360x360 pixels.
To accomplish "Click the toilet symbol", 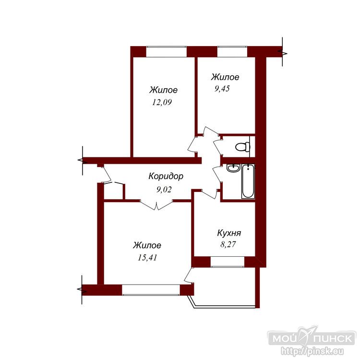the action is (243, 146).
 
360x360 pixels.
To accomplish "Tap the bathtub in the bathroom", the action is (248, 181).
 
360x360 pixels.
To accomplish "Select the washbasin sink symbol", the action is (233, 168).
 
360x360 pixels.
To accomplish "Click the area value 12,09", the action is (162, 102).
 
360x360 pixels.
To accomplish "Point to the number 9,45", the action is (222, 89).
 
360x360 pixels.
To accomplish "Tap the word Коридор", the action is (166, 176).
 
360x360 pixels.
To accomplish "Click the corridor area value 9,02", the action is (164, 190).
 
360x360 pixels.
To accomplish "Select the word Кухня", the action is (229, 233).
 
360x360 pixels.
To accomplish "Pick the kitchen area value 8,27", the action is (228, 244).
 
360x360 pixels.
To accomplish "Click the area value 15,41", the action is (147, 258).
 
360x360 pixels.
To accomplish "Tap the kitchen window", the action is (228, 262).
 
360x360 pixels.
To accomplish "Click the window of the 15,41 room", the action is (151, 290).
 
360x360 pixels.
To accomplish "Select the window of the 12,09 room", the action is (167, 52).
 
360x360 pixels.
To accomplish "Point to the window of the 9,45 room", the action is (232, 52).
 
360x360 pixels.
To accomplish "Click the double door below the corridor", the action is (156, 205).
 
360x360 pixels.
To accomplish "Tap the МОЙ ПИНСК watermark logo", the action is (312, 338).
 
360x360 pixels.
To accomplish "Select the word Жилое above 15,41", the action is (147, 245).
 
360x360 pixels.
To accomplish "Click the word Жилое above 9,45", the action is (225, 77).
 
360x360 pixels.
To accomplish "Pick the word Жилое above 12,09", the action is (164, 90).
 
